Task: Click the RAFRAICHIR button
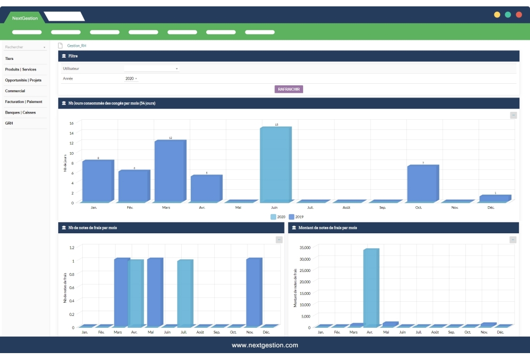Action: coord(289,89)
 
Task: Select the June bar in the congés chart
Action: coord(275,164)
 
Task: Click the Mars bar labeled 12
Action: coord(170,171)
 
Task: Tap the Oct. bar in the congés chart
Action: coord(422,183)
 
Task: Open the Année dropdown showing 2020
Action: coord(131,78)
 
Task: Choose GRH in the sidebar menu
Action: coord(9,123)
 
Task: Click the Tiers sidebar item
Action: coord(10,58)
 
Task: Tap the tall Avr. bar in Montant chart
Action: coord(370,287)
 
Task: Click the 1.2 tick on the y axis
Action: coord(72,248)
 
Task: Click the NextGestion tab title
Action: coord(25,18)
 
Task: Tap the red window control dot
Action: coord(518,15)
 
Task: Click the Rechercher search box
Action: coord(25,47)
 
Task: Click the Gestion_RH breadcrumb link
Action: coord(77,46)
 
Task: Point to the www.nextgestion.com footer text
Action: coord(265,345)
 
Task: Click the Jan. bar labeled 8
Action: coord(98,181)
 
